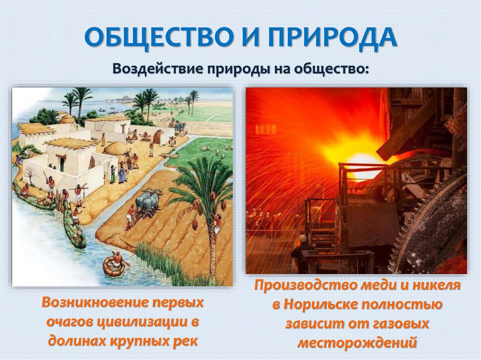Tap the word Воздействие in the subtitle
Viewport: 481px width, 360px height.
[155, 69]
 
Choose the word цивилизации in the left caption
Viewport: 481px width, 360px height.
[145, 322]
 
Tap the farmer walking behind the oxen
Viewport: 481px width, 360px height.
[131, 216]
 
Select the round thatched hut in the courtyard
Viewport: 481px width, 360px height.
[117, 150]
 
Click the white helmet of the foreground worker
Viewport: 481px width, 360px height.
[303, 238]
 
